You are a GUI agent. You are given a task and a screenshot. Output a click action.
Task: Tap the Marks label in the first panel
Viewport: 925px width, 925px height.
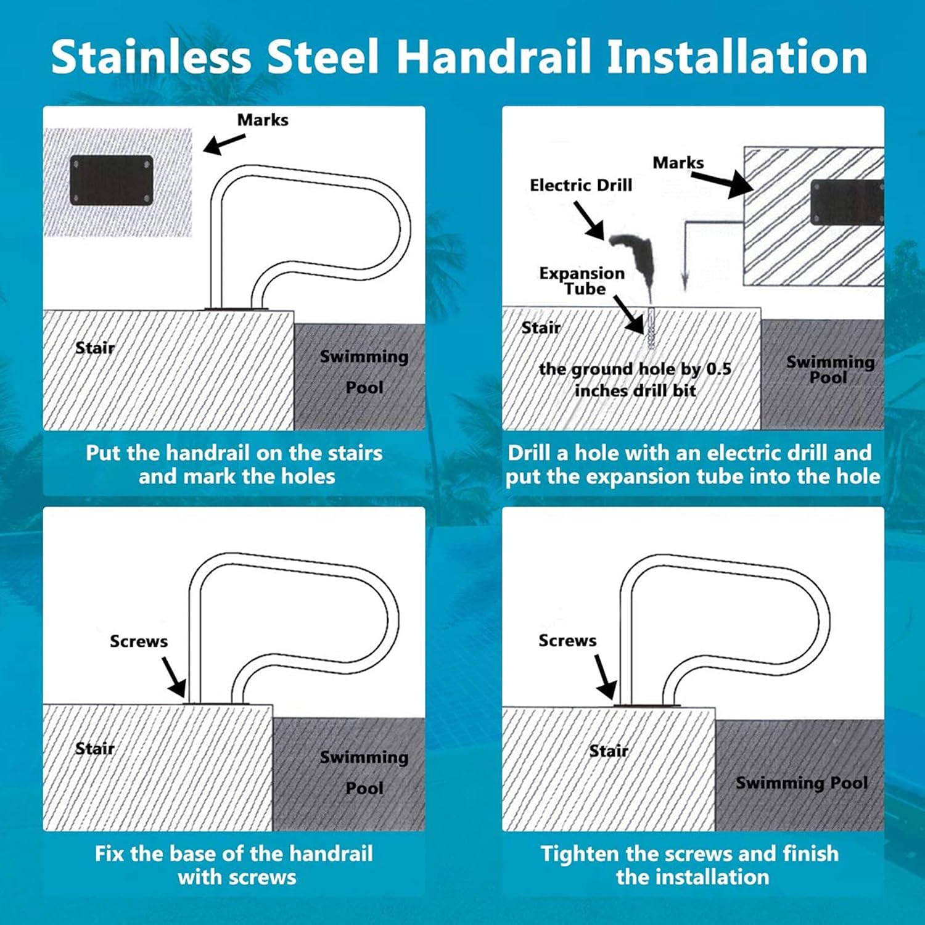click(x=263, y=120)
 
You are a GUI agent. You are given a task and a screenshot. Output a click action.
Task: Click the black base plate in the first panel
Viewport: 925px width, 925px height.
click(x=112, y=180)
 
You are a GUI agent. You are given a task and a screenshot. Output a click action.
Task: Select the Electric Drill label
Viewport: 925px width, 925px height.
click(x=581, y=185)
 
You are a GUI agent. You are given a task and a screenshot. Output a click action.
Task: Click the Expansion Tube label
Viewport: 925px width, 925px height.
click(x=582, y=281)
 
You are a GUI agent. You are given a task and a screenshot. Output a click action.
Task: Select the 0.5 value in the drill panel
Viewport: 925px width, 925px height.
click(x=718, y=369)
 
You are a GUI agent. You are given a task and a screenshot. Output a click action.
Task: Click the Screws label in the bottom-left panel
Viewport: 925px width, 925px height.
click(x=139, y=641)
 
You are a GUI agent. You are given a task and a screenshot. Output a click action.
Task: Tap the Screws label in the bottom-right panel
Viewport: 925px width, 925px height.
click(x=567, y=641)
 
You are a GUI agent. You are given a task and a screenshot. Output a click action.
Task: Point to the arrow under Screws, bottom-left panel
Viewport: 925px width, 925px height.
click(x=174, y=676)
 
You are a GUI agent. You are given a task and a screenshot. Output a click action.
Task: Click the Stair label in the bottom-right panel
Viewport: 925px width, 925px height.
click(x=609, y=750)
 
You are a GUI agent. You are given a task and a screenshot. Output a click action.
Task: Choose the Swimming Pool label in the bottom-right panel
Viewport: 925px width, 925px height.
click(x=802, y=783)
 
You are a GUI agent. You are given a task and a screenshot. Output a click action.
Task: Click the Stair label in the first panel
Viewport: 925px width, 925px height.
click(x=95, y=348)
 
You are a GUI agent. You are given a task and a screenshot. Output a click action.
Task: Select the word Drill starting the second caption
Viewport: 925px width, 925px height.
click(x=529, y=453)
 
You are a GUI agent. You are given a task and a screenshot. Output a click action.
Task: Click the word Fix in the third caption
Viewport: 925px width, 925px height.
click(x=110, y=854)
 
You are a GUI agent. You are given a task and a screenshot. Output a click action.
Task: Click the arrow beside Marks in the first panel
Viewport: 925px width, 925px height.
click(x=223, y=144)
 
